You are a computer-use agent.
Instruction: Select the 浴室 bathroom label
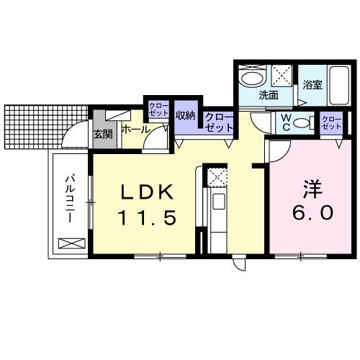pyautogui.click(x=312, y=84)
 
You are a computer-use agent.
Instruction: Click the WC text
pyautogui.click(x=286, y=122)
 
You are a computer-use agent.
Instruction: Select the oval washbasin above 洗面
pyautogui.click(x=252, y=78)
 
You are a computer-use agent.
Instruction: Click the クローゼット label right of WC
pyautogui.click(x=331, y=122)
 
